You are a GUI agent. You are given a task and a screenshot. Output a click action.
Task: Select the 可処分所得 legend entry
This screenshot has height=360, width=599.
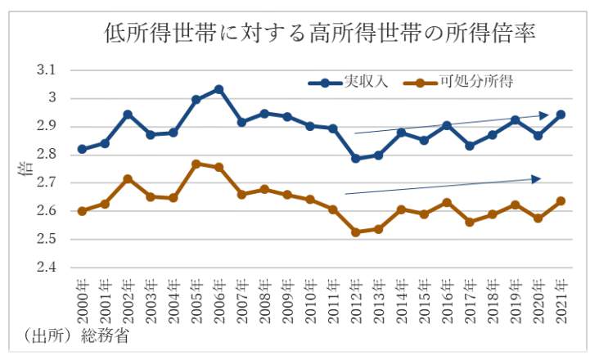point(480,82)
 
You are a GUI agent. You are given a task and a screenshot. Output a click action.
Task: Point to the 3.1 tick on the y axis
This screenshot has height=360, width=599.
point(47,70)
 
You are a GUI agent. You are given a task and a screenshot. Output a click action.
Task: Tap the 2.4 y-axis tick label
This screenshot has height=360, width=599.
point(47,268)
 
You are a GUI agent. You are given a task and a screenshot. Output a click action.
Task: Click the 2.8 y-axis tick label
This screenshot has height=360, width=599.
point(47,155)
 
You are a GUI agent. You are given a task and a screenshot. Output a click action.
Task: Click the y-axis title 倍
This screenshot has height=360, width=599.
point(22,169)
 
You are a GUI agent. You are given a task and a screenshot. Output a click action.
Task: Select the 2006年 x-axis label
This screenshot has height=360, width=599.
point(219,300)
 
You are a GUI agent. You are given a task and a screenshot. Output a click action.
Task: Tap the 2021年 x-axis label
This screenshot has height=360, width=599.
point(561,300)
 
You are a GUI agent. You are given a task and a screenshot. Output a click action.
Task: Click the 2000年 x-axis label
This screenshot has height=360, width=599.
point(83,300)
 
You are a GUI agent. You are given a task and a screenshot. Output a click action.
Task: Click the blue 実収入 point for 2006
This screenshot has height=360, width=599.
point(219,89)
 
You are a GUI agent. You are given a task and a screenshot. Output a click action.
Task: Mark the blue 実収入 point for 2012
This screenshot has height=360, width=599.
point(356,158)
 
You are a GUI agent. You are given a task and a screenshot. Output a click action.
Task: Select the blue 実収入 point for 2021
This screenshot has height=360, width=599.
point(561,115)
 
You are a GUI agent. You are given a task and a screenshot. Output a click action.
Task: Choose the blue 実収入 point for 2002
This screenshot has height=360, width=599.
point(128,115)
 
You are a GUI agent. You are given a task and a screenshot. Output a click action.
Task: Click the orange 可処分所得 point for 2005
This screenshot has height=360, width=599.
point(196,164)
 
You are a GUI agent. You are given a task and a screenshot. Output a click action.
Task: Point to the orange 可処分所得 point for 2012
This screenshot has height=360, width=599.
point(356,232)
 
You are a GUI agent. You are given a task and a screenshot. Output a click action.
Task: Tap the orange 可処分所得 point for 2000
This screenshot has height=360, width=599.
point(82,210)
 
